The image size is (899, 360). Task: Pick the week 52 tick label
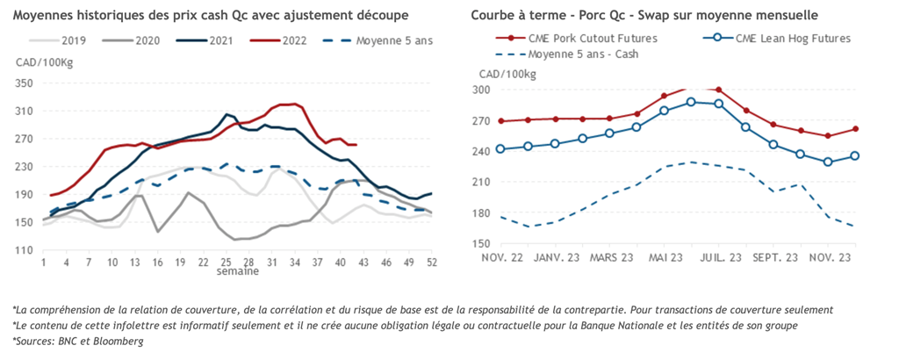(430, 262)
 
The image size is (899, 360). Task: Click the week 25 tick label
(226, 262)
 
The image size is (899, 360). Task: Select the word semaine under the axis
(238, 271)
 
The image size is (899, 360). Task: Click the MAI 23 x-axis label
(664, 257)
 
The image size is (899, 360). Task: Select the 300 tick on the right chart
(481, 90)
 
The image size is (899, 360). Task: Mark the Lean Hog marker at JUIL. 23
(719, 104)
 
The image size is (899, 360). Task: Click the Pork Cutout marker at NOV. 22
(501, 121)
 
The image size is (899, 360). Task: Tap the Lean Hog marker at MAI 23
(665, 111)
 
